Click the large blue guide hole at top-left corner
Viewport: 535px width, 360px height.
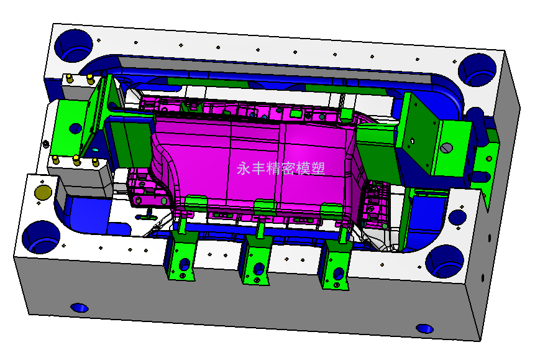pos(73,45)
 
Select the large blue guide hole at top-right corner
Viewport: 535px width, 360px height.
pos(477,70)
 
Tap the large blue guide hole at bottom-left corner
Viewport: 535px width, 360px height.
pos(41,237)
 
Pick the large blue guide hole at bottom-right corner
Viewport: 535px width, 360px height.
pos(445,261)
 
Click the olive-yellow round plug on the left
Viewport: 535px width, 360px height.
pos(43,192)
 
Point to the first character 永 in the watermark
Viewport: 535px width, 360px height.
pos(244,168)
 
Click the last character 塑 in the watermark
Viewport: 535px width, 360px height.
pos(318,168)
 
